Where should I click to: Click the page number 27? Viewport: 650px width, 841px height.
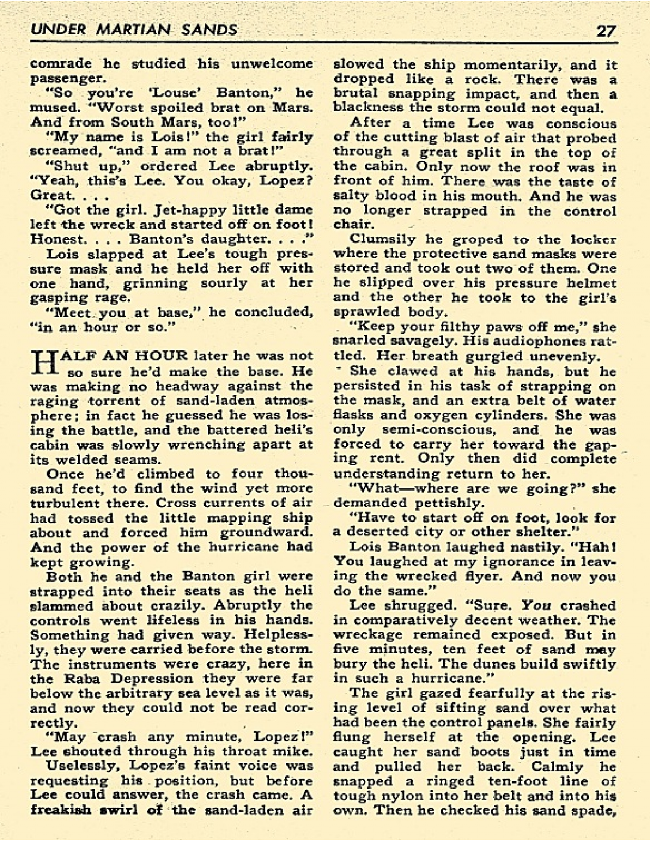click(x=605, y=30)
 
